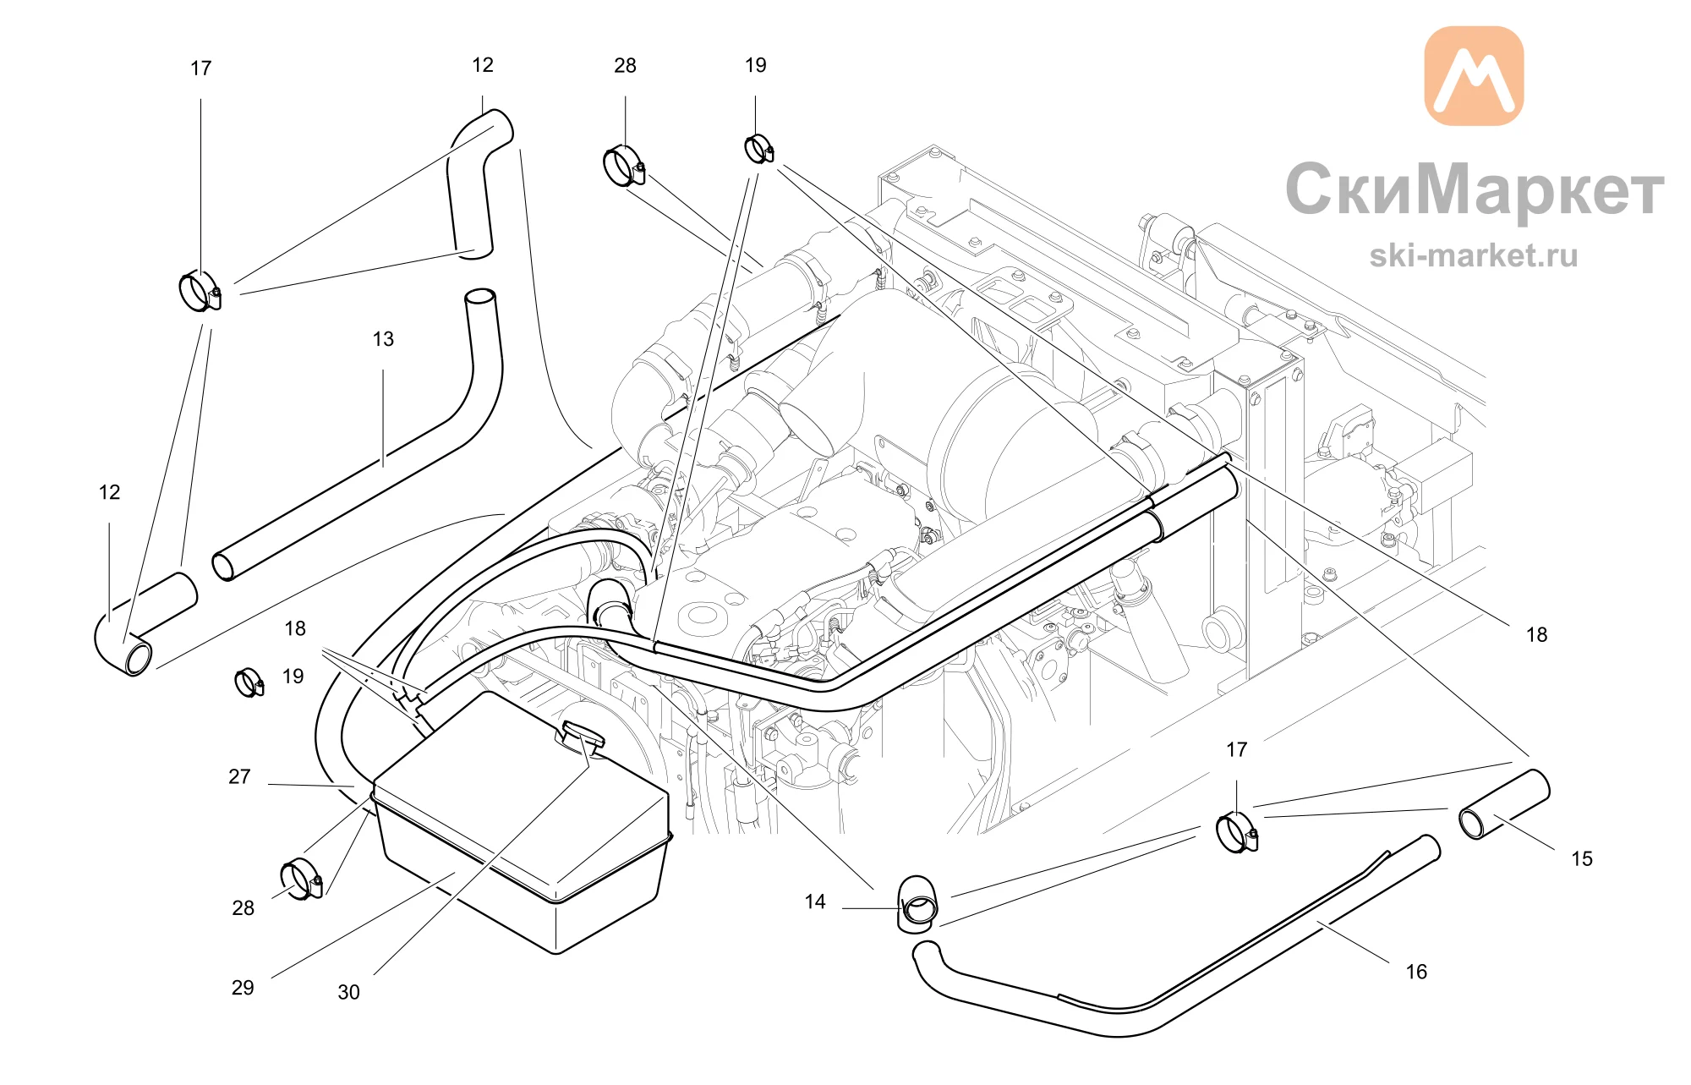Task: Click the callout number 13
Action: click(x=383, y=339)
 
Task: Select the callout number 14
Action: click(x=815, y=901)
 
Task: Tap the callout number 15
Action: click(x=1581, y=858)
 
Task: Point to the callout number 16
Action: click(x=1416, y=972)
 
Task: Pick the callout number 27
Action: click(x=239, y=776)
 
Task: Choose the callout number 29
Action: click(x=243, y=988)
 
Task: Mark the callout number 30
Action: click(x=348, y=992)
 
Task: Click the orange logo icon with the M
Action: click(x=1474, y=76)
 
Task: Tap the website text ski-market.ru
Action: click(x=1474, y=255)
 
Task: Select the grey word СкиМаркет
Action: click(x=1475, y=189)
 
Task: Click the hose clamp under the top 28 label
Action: click(x=625, y=166)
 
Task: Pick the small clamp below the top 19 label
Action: click(x=758, y=149)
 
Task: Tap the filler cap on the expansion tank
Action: click(x=580, y=737)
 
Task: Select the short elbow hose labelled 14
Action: click(x=917, y=903)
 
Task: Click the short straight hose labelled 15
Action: click(x=1504, y=804)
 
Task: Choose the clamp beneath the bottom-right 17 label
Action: click(x=1237, y=832)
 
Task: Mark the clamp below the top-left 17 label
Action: click(x=200, y=290)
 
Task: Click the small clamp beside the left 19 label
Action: click(x=249, y=682)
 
